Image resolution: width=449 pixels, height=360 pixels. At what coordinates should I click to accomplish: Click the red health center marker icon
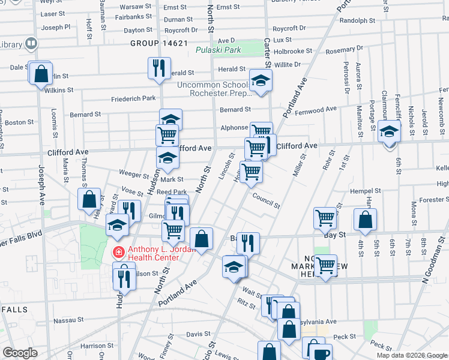click(118, 251)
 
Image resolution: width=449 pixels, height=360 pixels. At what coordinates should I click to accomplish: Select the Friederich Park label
click(133, 98)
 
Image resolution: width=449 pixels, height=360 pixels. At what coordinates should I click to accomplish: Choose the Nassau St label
click(67, 321)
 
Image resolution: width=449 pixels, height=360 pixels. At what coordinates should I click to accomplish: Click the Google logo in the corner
click(19, 353)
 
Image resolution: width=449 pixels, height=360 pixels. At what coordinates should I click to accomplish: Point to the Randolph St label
click(357, 20)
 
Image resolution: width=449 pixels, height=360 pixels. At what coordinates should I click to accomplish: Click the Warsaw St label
click(135, 7)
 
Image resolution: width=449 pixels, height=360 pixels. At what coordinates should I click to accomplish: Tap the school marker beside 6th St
click(389, 130)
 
